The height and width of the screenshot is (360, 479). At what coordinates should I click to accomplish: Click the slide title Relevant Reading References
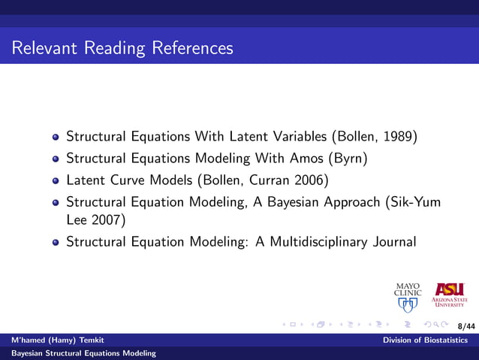pyautogui.click(x=122, y=48)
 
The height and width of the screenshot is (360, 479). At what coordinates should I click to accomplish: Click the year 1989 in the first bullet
pyautogui.click(x=398, y=138)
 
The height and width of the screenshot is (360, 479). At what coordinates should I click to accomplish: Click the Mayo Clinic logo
pyautogui.click(x=408, y=297)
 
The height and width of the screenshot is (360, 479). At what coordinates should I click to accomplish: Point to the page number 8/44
pyautogui.click(x=466, y=326)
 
